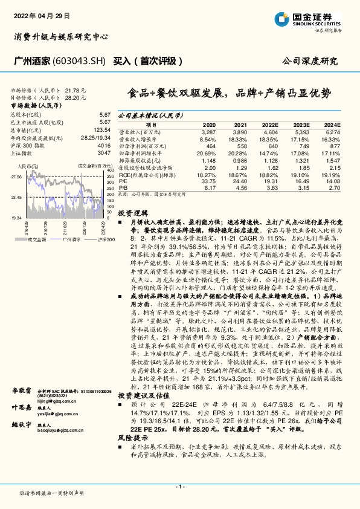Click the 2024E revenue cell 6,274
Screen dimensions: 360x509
pos(333,131)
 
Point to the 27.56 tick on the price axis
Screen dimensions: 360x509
pos(18,177)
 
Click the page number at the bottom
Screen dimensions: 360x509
pos(179,487)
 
